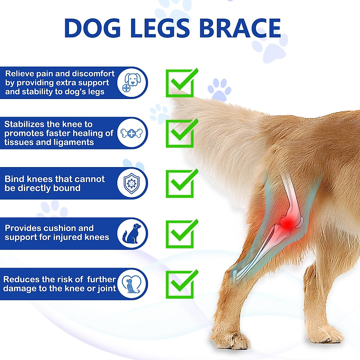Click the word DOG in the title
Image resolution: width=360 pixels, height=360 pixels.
point(92,28)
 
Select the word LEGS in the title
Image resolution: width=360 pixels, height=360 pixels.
point(160,28)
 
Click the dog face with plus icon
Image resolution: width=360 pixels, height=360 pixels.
point(132,82)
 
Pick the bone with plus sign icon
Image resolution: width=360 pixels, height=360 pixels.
point(131,133)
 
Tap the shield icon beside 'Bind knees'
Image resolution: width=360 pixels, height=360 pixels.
point(132,183)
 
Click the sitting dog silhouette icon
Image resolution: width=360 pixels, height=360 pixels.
point(132,233)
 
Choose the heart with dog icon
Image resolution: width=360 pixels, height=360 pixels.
point(132,284)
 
